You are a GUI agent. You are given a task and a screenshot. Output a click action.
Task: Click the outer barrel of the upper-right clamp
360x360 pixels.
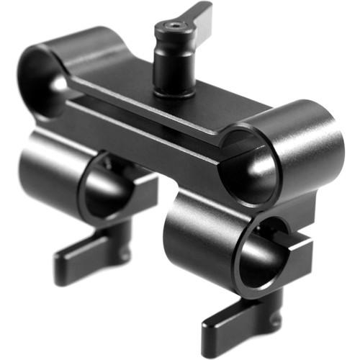click(302, 144)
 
